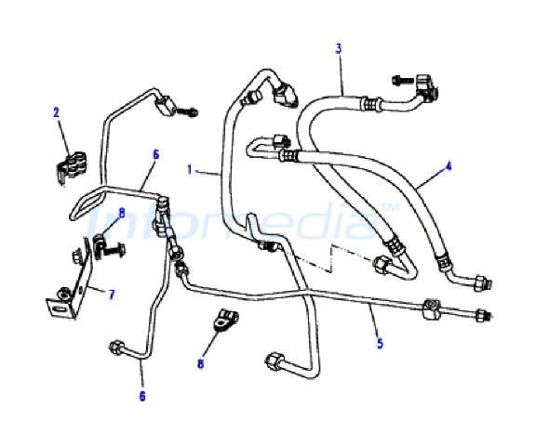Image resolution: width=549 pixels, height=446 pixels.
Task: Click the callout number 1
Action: pos(190,170)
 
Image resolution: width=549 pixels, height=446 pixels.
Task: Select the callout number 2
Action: pos(57,112)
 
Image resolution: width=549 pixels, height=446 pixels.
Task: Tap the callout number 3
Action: pos(338,48)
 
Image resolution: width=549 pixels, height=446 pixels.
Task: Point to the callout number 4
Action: pos(449,166)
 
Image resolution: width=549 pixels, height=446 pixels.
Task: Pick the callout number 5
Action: pos(380,343)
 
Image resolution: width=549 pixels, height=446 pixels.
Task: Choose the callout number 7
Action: pos(112,295)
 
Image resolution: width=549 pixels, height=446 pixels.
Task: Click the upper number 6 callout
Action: pos(156,154)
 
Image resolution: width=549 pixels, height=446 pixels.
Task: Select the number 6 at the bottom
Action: pos(142,397)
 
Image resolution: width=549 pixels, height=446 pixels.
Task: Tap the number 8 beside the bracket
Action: pos(122,213)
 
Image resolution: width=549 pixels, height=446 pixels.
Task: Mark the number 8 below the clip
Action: pos(200,364)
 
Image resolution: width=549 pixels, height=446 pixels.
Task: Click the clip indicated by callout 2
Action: pos(72,167)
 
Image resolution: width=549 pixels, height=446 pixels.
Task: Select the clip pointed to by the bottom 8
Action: pos(226,320)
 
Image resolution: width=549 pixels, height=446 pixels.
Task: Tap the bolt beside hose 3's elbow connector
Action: pos(403,81)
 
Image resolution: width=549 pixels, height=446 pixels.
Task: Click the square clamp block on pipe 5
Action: pos(431,308)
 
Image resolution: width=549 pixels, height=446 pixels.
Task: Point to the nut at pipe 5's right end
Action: pos(482,315)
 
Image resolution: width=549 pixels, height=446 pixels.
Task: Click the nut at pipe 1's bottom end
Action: pos(274,361)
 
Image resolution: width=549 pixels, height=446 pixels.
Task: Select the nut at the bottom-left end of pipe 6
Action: pos(116,348)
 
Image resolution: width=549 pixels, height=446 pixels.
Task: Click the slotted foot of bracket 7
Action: pos(60,308)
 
